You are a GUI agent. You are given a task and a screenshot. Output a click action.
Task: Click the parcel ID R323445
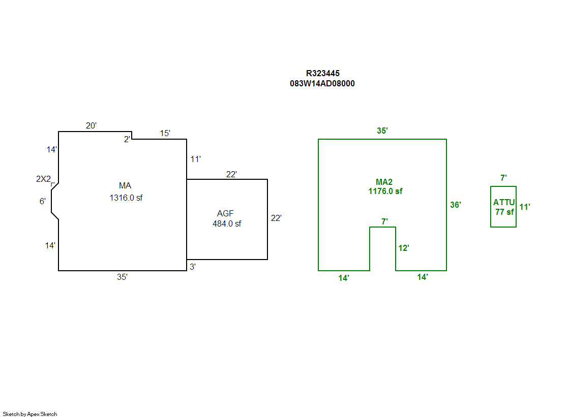pyautogui.click(x=322, y=74)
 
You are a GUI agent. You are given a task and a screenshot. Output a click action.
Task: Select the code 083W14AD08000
pyautogui.click(x=322, y=84)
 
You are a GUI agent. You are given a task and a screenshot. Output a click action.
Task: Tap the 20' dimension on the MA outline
pyautogui.click(x=92, y=126)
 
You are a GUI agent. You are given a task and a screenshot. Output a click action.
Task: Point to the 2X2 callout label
pyautogui.click(x=43, y=179)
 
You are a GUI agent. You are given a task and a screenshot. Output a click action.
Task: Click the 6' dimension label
pyautogui.click(x=43, y=201)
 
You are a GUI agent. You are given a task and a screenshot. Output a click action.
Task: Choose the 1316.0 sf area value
pyautogui.click(x=126, y=198)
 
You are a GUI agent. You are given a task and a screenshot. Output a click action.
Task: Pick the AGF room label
pyautogui.click(x=225, y=213)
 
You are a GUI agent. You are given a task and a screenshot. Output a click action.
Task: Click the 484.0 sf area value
pyautogui.click(x=227, y=223)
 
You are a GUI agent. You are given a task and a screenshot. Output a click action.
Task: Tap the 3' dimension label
pyautogui.click(x=193, y=267)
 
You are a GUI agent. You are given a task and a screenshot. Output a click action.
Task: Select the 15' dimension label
pyautogui.click(x=165, y=134)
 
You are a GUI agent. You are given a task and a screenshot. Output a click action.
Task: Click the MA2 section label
pyautogui.click(x=384, y=182)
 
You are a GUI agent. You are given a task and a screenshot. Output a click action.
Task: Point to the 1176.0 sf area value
pyautogui.click(x=385, y=191)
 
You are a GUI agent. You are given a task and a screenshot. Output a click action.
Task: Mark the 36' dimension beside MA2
pyautogui.click(x=456, y=205)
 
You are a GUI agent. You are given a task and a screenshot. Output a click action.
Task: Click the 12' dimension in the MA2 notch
pyautogui.click(x=404, y=248)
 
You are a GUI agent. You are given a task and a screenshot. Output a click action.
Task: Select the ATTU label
pyautogui.click(x=504, y=203)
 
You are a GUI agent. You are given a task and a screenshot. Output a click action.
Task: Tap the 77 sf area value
pyautogui.click(x=504, y=212)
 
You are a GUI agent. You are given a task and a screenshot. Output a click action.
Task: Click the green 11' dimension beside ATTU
pyautogui.click(x=525, y=207)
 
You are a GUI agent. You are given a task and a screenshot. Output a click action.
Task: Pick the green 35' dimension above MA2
pyautogui.click(x=382, y=131)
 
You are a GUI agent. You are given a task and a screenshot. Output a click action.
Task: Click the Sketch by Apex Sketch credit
pyautogui.click(x=30, y=414)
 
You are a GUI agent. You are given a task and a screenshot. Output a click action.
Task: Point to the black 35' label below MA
pyautogui.click(x=123, y=277)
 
